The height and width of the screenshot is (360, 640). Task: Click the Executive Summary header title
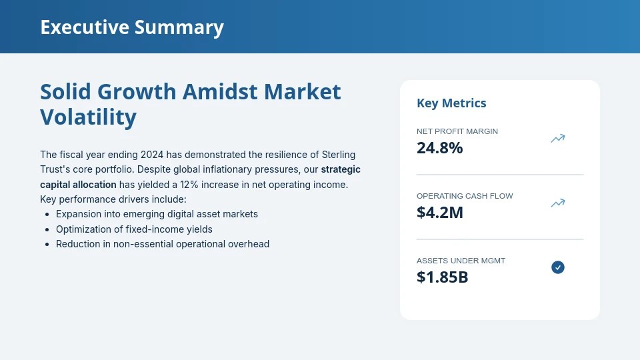pos(132,27)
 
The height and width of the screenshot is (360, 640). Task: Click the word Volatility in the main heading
pos(88,117)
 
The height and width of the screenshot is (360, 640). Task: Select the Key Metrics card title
pos(451,103)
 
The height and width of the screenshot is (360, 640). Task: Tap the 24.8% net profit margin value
pos(439,148)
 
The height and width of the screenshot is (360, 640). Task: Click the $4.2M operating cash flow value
pos(439,213)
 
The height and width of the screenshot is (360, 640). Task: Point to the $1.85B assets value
pos(442,277)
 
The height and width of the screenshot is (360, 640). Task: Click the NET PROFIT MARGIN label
pos(457,131)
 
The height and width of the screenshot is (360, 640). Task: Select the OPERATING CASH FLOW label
pos(465,196)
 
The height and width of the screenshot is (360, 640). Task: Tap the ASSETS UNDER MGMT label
pos(461,261)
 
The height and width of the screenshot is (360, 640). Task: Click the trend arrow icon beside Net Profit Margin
pos(558,139)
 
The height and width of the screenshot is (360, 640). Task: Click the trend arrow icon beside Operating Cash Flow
pos(558,203)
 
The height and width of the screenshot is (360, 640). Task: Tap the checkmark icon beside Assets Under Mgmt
pos(558,267)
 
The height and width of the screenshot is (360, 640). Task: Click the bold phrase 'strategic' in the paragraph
pos(341,169)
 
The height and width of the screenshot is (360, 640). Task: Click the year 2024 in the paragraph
pos(152,155)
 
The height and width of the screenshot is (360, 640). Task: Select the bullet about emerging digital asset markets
pos(157,214)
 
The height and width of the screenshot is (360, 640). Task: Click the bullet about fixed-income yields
pos(134,229)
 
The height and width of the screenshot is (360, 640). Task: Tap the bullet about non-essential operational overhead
pos(163,244)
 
